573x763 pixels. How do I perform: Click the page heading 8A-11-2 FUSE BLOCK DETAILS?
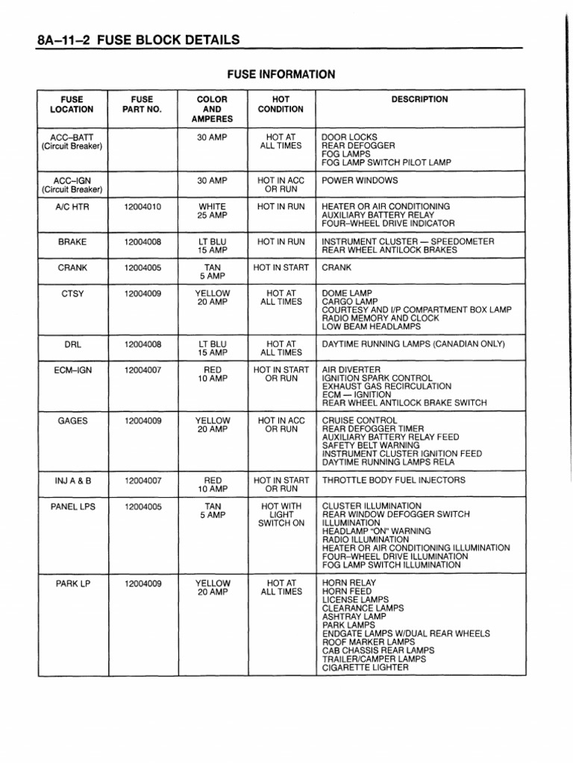[x=137, y=39]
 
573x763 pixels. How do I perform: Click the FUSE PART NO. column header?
[x=142, y=104]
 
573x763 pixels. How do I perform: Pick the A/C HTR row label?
[x=72, y=206]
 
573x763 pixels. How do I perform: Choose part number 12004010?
[x=143, y=206]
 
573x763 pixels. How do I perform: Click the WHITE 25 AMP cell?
[x=212, y=211]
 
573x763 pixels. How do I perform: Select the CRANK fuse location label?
[x=72, y=267]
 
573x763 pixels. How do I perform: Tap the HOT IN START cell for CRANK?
[x=281, y=267]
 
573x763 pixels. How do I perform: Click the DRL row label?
[x=72, y=344]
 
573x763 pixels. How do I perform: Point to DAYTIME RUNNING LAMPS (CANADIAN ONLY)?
[x=413, y=344]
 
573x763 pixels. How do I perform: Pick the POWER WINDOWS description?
[x=360, y=180]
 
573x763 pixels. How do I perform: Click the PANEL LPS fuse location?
[x=72, y=507]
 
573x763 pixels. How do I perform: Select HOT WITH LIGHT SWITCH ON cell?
[x=281, y=515]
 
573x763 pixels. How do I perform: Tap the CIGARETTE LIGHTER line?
[x=365, y=668]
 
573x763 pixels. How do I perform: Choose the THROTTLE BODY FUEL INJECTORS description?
[x=393, y=481]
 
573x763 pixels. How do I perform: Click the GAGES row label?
[x=72, y=421]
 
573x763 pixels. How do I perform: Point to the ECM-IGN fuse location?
[x=72, y=370]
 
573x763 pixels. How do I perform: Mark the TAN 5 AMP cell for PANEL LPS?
[x=212, y=511]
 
